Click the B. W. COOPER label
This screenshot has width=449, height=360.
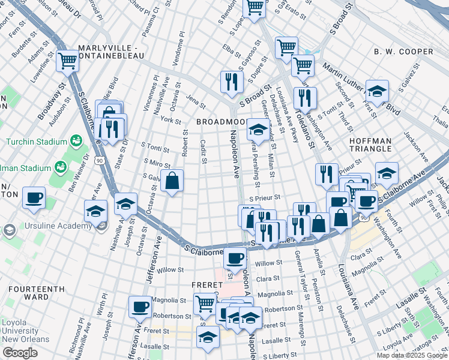[x=403, y=52]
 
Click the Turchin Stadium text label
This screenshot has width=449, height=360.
[x=36, y=142]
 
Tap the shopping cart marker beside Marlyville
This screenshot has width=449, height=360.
[x=68, y=61]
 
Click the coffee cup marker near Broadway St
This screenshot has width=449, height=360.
[x=34, y=197]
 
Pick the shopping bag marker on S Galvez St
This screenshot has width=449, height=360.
[x=172, y=181]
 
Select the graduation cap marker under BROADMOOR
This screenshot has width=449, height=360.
[x=258, y=128]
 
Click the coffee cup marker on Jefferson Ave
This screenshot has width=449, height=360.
[x=140, y=306]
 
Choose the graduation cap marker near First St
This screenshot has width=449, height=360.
[x=377, y=91]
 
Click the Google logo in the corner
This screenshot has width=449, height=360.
[x=20, y=353]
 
